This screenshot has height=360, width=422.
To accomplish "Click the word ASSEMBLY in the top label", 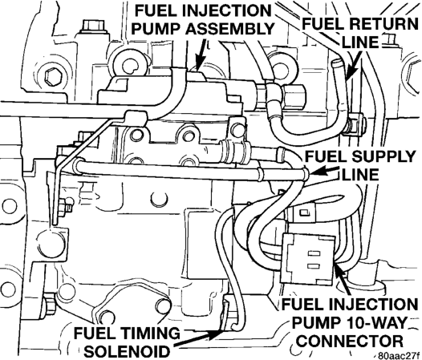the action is point(229,29).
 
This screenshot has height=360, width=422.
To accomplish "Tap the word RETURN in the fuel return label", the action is point(383,24).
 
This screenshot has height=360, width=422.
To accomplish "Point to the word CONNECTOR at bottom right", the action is point(351,342).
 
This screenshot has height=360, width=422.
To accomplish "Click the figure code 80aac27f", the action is point(399,356).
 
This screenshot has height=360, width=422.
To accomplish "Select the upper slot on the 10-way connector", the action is point(314,253).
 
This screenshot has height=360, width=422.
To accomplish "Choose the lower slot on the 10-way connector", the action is point(314,266).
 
